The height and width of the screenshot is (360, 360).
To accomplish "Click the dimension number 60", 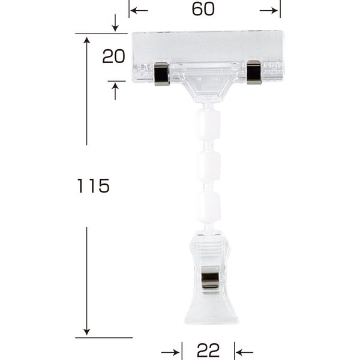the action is [x=203, y=10].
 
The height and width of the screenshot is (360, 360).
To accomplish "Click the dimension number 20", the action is [x=113, y=56].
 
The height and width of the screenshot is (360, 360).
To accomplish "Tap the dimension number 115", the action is [x=93, y=186].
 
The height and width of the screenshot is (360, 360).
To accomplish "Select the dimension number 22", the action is [x=208, y=350].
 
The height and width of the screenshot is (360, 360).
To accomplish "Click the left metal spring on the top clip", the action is [x=161, y=73].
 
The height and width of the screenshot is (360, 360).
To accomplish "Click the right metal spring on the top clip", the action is [x=254, y=73].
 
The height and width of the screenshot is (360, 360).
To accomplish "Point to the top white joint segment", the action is [x=208, y=125].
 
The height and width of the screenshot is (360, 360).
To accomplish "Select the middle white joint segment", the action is [x=208, y=166].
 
